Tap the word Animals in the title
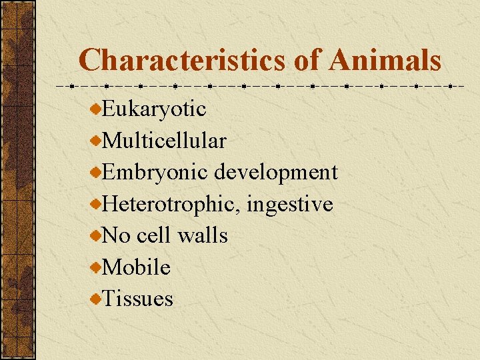pos(384,60)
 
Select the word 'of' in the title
pos(307,60)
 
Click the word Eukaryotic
pos(155,108)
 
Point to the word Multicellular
pos(165,140)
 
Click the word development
pos(276,172)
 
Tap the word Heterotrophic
pos(171,204)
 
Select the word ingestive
pos(289,204)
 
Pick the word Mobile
pos(137,267)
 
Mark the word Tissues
pos(138,299)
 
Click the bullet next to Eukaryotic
pos(97,108)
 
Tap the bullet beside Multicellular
pos(97,140)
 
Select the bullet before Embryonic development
pos(97,172)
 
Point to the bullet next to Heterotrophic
pos(97,204)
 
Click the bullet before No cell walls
pos(97,235)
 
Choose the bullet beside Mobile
pos(97,267)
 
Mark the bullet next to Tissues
pos(97,299)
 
